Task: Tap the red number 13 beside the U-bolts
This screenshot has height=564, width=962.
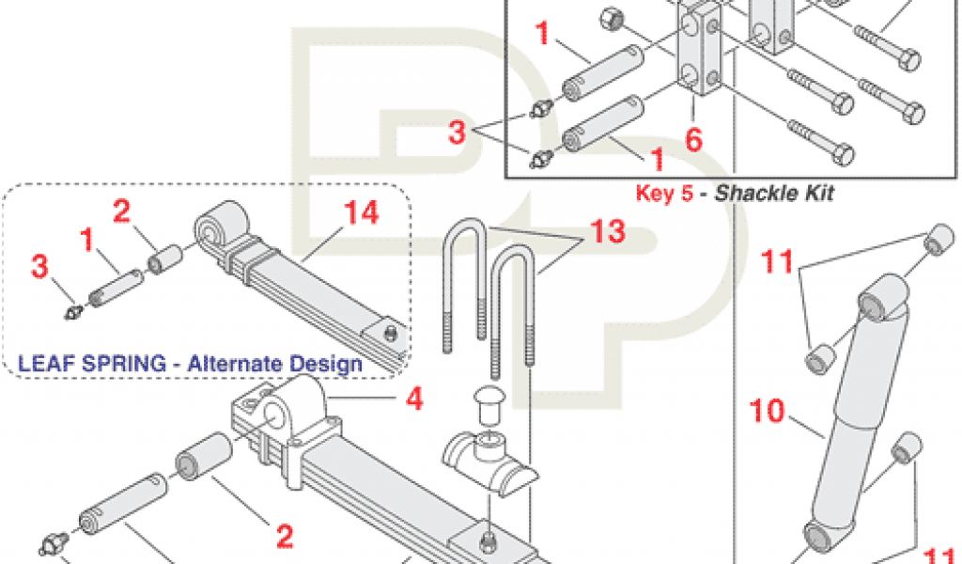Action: coord(608,230)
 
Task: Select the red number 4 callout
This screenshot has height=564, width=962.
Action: coord(414,399)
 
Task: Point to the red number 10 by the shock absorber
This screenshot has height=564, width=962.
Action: coord(768,411)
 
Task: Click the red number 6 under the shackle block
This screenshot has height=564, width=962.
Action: coord(693,139)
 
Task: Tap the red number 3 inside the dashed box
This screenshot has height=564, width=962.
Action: coord(39,267)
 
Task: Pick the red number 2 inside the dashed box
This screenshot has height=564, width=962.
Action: coord(121,211)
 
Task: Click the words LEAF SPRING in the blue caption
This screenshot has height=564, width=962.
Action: coord(92,364)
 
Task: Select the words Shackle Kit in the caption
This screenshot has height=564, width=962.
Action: coord(775,193)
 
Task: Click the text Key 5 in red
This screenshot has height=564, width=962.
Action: coord(664,193)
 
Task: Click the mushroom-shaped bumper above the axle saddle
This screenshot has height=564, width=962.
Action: coord(489,402)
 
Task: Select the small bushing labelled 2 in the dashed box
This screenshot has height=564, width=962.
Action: coord(166,259)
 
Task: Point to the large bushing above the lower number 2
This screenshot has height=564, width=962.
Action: coord(204,458)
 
